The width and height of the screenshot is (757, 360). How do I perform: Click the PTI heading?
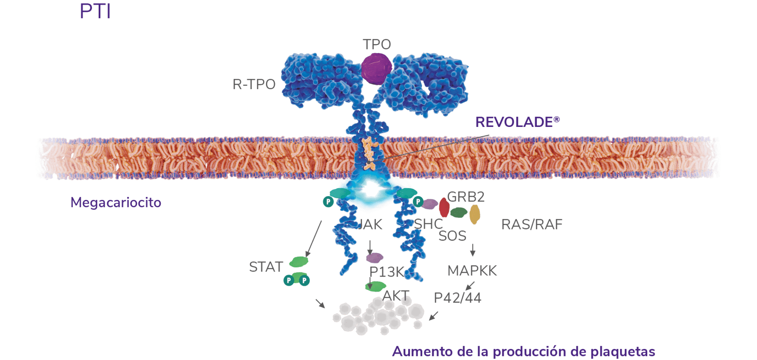point(95,12)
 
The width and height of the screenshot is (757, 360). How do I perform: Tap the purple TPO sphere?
point(377,67)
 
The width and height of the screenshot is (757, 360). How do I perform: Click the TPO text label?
point(377,45)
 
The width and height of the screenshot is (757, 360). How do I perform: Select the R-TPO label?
point(254,84)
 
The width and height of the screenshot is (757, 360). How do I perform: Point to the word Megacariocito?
point(116,202)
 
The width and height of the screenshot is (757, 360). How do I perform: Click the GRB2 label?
point(466,197)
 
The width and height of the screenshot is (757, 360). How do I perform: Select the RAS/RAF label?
point(532,225)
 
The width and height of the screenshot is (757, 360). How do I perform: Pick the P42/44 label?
point(458,298)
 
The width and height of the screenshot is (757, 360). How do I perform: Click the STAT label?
point(266,267)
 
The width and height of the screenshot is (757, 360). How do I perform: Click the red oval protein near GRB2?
point(444,207)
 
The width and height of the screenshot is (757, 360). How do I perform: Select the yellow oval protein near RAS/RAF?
point(475,215)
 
